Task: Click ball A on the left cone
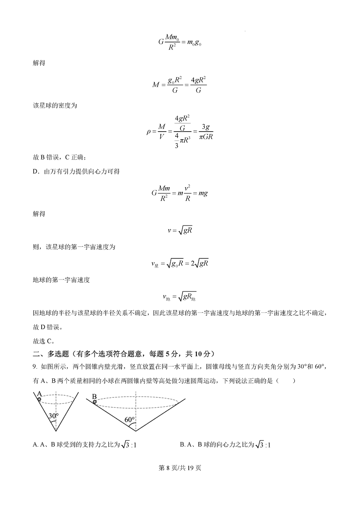[39, 399]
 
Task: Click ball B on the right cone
[94, 402]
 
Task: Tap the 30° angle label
[54, 416]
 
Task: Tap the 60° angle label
[130, 419]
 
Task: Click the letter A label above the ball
[39, 393]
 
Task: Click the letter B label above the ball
[94, 396]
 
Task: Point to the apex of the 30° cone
[56, 431]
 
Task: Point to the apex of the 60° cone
[136, 431]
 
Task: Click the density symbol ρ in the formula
[149, 131]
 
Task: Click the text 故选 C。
[43, 341]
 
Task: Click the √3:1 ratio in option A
[129, 445]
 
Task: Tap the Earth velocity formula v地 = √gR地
[180, 296]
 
